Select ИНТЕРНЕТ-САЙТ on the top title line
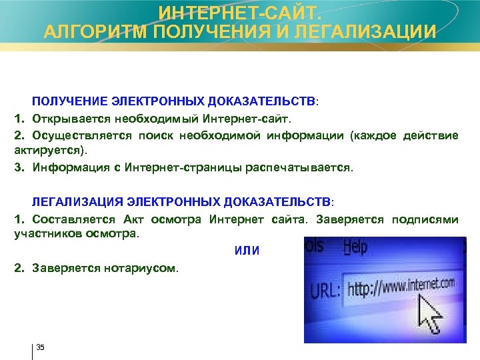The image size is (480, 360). click(x=240, y=11)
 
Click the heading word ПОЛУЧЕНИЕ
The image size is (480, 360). click(x=66, y=101)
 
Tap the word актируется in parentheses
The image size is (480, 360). click(x=42, y=151)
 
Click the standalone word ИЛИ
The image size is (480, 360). click(x=247, y=251)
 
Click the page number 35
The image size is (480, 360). click(x=40, y=347)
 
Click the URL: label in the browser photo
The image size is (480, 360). click(x=326, y=291)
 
